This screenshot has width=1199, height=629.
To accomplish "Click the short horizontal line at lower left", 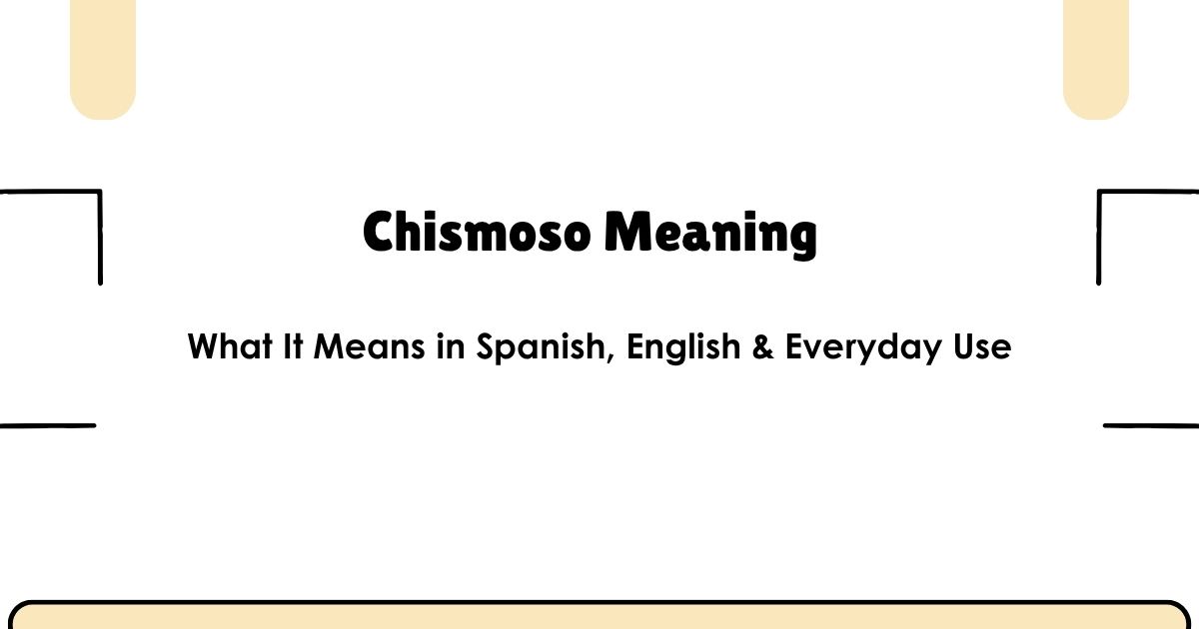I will point(47,425).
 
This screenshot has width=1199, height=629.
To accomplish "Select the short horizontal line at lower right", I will point(1151,425).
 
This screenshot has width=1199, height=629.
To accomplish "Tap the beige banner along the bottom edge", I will point(599,617).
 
